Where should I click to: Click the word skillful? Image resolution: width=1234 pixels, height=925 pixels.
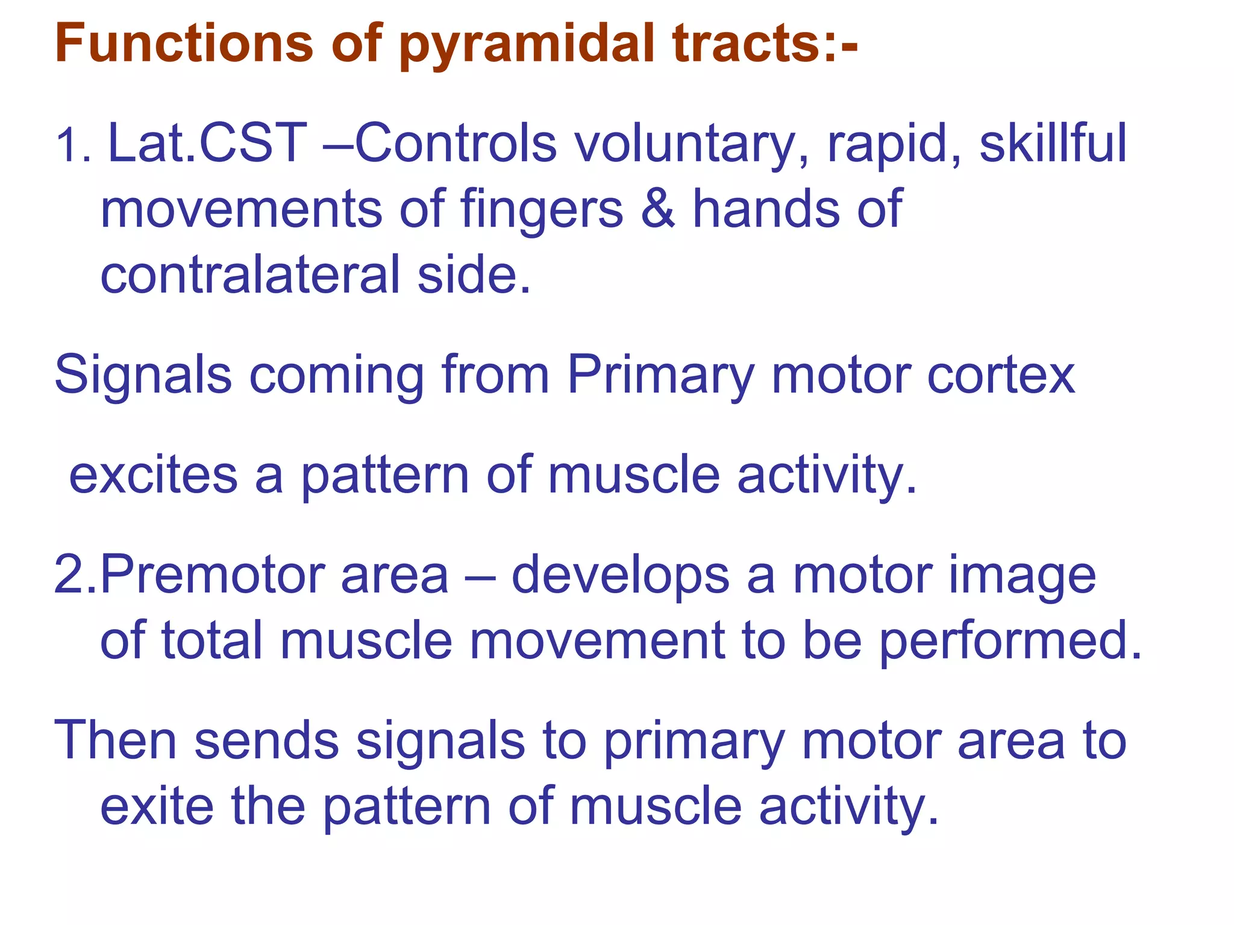click(1052, 143)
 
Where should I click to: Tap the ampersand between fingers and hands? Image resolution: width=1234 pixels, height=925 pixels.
click(658, 209)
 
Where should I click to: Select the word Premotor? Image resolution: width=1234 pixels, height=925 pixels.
click(213, 575)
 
